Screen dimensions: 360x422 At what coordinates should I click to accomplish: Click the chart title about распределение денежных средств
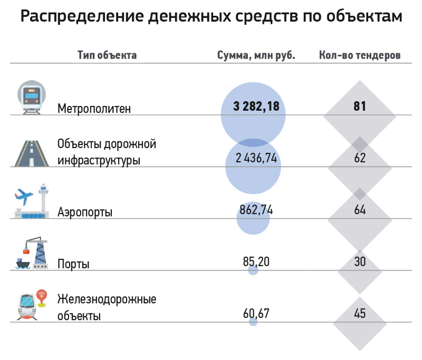click(211, 17)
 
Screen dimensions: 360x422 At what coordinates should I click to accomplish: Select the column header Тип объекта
click(107, 55)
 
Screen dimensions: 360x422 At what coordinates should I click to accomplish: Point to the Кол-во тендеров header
click(359, 55)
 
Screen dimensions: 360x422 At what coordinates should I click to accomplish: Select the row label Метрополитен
click(94, 109)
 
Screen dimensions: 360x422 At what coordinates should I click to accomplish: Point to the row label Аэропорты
click(85, 212)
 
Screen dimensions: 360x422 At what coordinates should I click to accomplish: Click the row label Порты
click(73, 264)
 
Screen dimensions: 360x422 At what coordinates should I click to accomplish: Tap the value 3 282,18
click(256, 106)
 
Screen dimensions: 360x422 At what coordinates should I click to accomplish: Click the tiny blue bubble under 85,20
click(253, 270)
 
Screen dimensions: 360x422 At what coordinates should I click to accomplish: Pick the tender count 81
click(360, 106)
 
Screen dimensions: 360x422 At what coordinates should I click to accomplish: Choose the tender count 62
click(360, 158)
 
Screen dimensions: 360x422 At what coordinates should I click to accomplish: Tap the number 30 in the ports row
click(360, 261)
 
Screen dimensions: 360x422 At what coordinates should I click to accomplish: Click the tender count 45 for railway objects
click(360, 313)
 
